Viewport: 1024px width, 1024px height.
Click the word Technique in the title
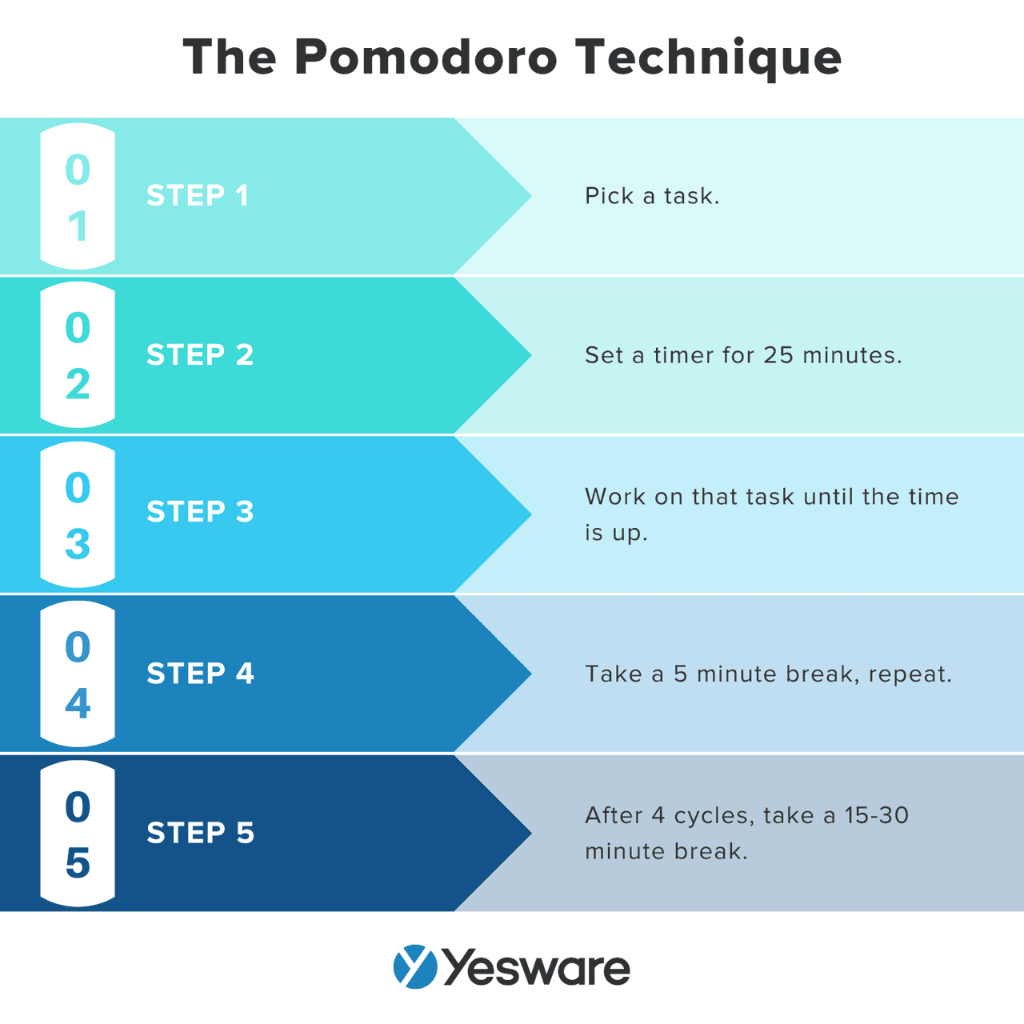click(x=709, y=58)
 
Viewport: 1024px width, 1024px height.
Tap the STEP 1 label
click(x=198, y=196)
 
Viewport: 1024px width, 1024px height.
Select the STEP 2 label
click(x=200, y=354)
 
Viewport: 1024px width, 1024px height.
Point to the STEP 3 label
click(x=200, y=512)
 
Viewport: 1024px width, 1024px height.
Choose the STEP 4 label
click(x=200, y=674)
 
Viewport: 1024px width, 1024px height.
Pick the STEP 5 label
click(x=200, y=833)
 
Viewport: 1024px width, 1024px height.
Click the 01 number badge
click(x=78, y=197)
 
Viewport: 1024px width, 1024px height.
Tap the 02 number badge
click(x=78, y=355)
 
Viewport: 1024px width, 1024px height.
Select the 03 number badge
click(x=78, y=514)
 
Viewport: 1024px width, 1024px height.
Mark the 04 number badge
click(x=78, y=674)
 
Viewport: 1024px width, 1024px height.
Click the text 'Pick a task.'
click(x=652, y=196)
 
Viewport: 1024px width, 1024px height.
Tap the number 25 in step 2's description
click(x=778, y=355)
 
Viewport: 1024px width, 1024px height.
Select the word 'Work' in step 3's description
click(x=614, y=497)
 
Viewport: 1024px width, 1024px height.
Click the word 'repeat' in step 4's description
click(x=906, y=674)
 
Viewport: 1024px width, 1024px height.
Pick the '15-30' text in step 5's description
click(x=877, y=815)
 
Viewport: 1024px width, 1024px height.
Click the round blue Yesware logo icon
click(x=415, y=966)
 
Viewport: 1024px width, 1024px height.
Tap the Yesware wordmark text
click(x=536, y=968)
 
